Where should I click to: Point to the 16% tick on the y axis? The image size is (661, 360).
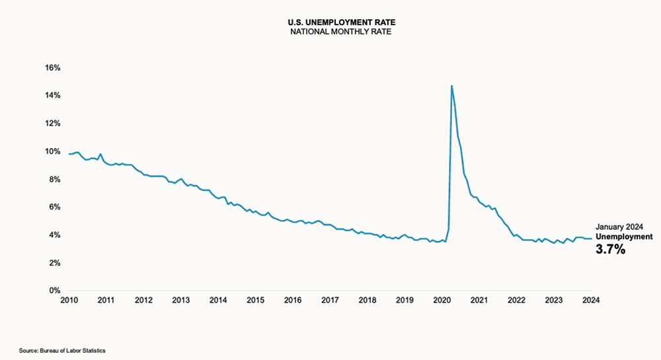pos(52,67)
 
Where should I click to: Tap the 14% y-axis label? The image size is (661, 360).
pos(52,95)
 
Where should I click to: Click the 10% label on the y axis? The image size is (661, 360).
pos(52,151)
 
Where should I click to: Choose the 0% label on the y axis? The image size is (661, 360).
pos(54,291)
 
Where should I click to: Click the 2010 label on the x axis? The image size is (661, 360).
pos(69,300)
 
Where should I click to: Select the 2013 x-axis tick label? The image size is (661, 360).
pos(180,300)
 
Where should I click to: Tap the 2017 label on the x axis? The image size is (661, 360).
pos(330,300)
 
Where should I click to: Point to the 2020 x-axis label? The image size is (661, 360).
pos(442,300)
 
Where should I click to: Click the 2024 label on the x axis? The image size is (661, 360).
pos(591,300)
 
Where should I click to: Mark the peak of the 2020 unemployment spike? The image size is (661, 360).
pos(451,85)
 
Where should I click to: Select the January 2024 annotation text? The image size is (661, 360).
pos(619,225)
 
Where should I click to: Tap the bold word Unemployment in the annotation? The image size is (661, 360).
pos(624,236)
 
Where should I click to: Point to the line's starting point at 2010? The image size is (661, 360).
pos(69,154)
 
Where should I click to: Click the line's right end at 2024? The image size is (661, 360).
pos(591,238)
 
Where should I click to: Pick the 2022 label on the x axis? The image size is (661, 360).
pos(516,300)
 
